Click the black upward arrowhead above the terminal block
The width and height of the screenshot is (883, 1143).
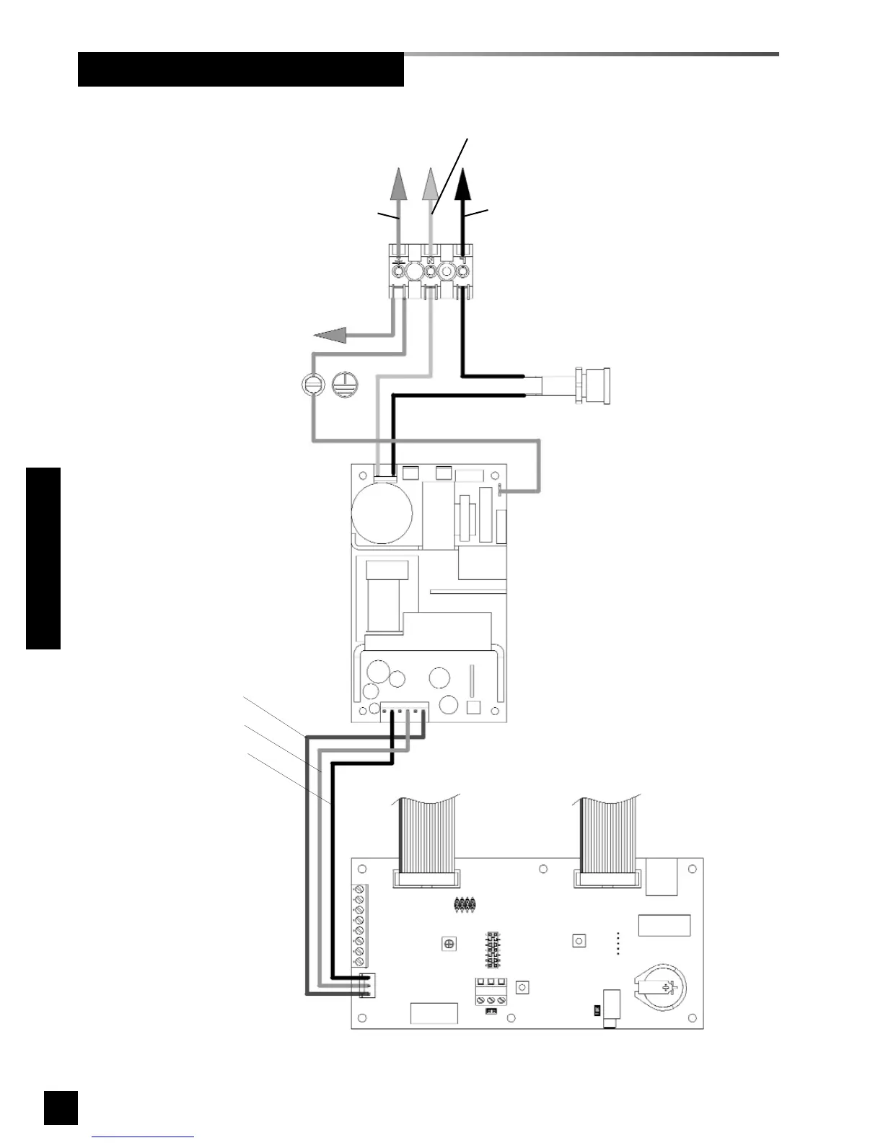463,184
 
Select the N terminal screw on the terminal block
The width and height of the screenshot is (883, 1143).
430,272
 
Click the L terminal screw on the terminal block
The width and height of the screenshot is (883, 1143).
462,272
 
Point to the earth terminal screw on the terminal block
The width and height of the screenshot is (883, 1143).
398,272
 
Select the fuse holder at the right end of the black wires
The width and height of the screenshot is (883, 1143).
591,385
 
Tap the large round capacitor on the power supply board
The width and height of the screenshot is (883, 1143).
382,513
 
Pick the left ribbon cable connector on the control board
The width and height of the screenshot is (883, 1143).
426,878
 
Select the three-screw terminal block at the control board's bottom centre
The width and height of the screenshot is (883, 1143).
491,991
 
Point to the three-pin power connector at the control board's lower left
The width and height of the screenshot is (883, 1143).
368,986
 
